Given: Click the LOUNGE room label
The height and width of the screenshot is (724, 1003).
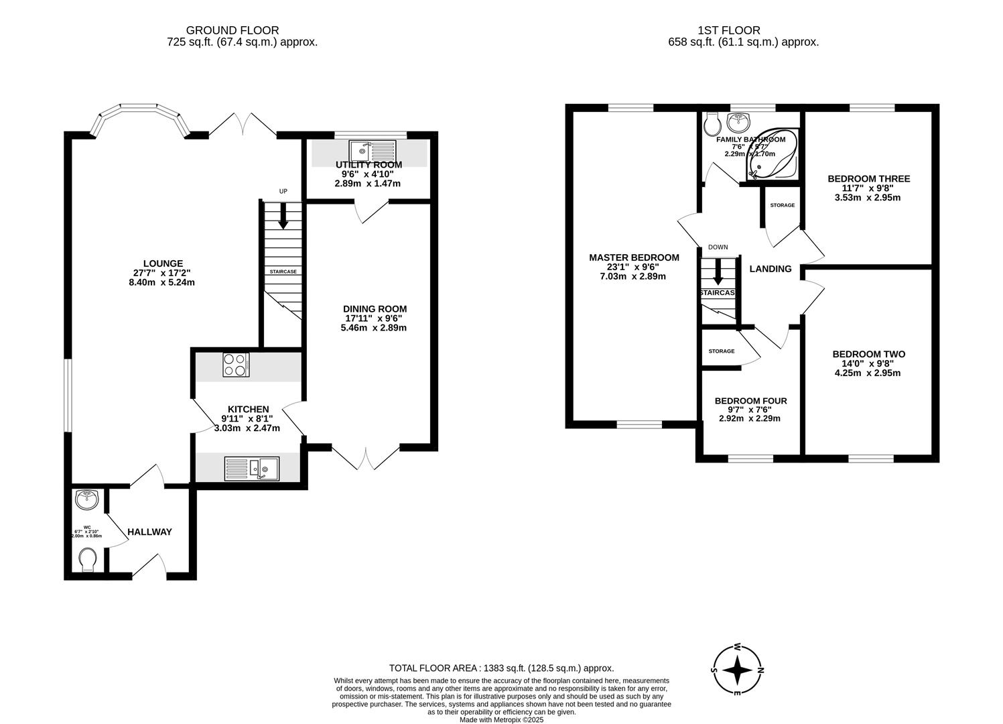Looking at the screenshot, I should coord(163,263).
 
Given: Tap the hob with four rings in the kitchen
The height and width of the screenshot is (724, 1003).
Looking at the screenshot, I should coord(236,365).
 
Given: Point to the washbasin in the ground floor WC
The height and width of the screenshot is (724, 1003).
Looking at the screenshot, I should coord(86,499).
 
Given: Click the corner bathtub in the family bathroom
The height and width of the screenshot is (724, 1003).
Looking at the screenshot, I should coord(776,156).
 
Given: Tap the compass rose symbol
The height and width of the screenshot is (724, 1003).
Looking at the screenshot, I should coord(736,670).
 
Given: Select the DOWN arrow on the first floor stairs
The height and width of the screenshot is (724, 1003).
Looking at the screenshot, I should coord(718,271).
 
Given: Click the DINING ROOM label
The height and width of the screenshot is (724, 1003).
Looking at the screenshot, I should coord(375,309).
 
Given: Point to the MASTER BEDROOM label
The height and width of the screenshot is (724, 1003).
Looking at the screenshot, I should coord(634,257).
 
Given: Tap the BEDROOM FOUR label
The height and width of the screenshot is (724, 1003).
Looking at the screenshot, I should coord(750,401).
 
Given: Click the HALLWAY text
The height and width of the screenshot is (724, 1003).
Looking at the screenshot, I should coord(149,532).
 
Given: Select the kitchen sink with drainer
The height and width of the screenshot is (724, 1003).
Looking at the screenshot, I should coord(252,468).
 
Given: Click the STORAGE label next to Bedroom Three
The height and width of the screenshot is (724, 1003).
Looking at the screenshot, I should coord(782,205).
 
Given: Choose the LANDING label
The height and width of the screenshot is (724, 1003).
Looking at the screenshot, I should coord(770,269).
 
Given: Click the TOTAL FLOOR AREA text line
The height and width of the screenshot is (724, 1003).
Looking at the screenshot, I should coord(501,668).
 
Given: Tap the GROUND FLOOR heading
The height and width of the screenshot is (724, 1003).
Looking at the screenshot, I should coord(232,30).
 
